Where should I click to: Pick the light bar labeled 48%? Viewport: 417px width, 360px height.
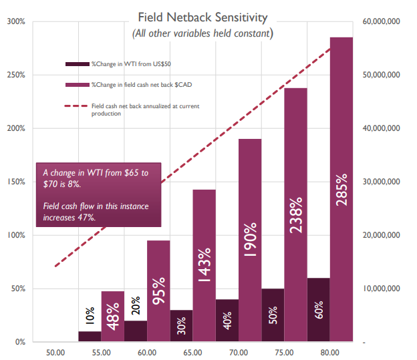(113, 317)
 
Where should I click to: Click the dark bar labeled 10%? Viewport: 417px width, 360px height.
(90, 337)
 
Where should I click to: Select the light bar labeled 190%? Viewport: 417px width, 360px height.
(251, 240)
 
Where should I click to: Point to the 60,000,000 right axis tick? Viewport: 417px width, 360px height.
(381, 21)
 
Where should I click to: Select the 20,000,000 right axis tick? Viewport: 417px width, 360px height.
(381, 235)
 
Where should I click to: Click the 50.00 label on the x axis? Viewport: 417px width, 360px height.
(55, 352)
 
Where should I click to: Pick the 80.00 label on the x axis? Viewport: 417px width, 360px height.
(330, 352)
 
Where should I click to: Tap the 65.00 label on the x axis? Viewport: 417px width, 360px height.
(193, 352)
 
